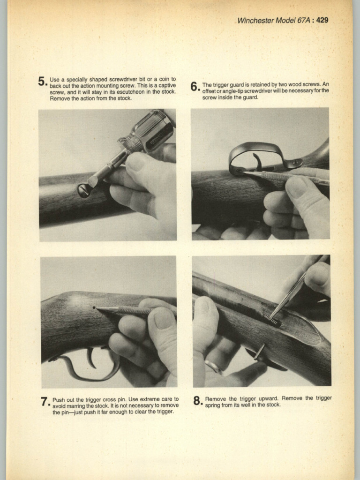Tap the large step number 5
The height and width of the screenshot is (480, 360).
point(42,82)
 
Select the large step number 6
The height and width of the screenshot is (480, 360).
point(195,87)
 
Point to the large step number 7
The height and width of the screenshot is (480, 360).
point(45,402)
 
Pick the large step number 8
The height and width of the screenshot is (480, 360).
point(197,401)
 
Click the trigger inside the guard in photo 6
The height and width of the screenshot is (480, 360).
point(257,161)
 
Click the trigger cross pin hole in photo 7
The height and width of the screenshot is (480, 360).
point(94,307)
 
